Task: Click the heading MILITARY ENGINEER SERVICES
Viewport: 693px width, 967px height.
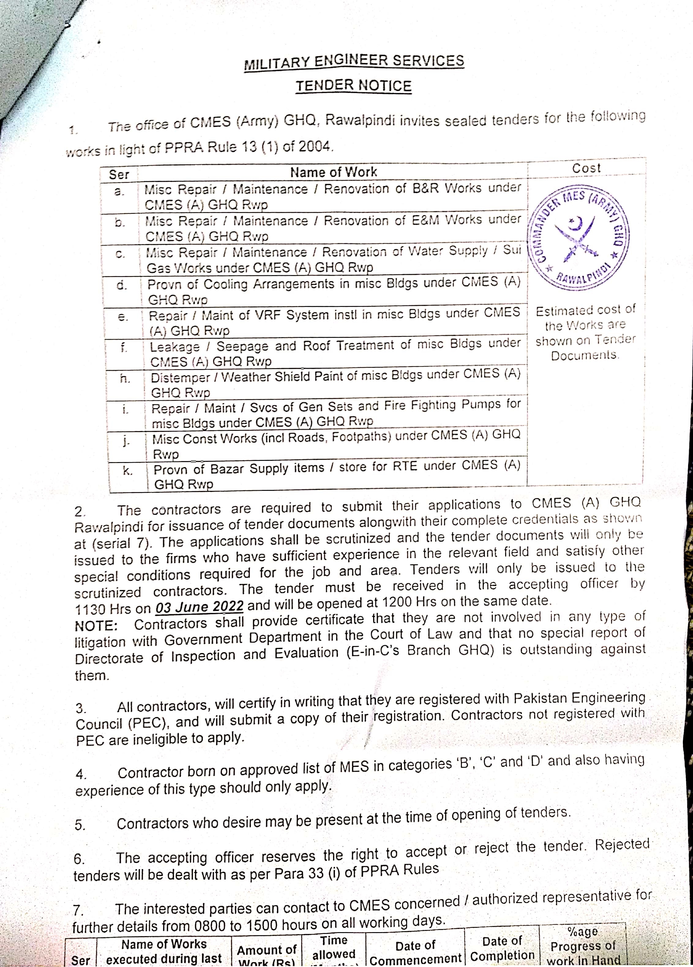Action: coord(354,62)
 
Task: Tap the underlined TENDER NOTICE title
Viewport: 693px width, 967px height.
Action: coord(354,86)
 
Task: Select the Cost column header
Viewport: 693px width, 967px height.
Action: coord(586,168)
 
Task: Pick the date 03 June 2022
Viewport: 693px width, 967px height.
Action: coord(199,606)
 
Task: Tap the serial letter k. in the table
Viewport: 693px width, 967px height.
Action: coord(127,471)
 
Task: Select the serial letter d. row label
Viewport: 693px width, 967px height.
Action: coord(122,285)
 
